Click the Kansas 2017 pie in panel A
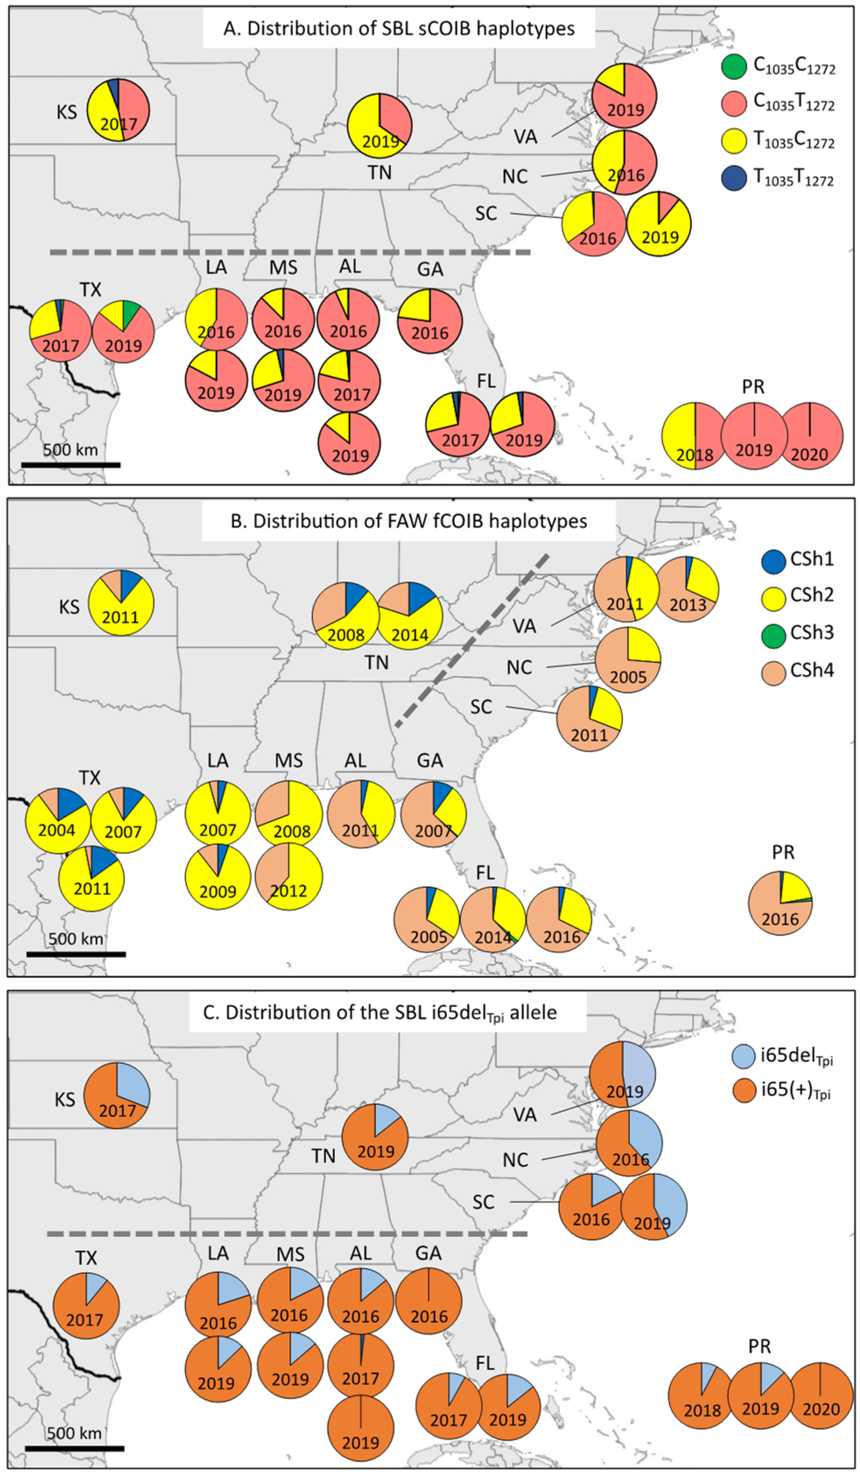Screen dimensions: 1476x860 coord(118,109)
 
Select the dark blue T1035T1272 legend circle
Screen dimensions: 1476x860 coord(734,179)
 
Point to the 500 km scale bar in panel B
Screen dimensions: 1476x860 coord(76,954)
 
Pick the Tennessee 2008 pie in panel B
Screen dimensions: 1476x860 coord(344,615)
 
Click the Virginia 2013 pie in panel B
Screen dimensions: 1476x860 coord(687,589)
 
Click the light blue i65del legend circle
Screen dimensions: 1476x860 coord(744,1056)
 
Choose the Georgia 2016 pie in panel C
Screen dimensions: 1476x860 coord(429,1301)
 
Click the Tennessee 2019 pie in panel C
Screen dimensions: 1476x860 coord(375,1137)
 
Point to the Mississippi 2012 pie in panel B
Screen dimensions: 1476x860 coord(289,877)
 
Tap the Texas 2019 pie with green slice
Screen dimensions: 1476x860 coord(123,332)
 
